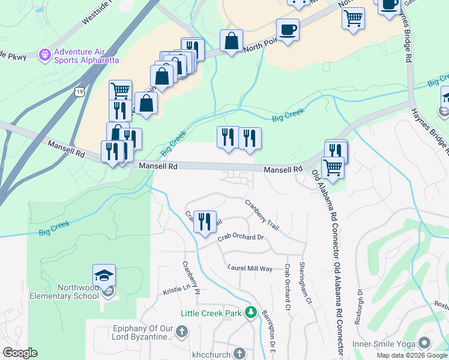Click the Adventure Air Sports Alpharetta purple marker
coord(44,56)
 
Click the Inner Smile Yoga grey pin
coord(425,343)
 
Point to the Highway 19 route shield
coord(79,92)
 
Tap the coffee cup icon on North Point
coord(288,29)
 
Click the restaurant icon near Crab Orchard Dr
coord(205,222)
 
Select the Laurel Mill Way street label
coord(250,268)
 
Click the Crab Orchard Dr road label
coord(241,237)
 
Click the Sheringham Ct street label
coord(310,284)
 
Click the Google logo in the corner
coord(20,353)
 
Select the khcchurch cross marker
coord(239,354)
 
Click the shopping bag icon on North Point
coord(231,41)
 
